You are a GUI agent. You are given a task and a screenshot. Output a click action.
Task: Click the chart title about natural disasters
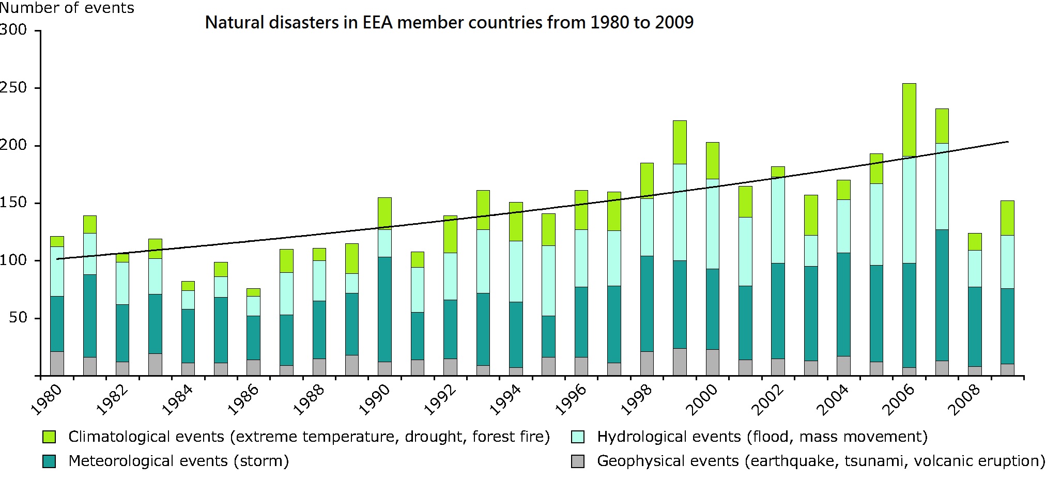tap(449, 23)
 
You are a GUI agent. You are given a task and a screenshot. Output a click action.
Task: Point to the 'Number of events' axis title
tap(67, 8)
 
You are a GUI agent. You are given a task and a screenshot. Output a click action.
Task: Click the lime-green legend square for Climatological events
tap(49, 437)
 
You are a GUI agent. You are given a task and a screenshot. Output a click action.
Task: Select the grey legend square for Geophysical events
tap(577, 461)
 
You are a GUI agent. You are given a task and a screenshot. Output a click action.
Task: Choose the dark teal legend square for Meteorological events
tap(49, 461)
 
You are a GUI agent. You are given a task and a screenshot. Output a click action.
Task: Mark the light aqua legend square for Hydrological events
tap(577, 437)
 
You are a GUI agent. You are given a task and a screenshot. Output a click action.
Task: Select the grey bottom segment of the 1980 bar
tap(57, 363)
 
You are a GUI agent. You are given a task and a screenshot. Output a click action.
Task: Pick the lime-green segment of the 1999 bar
tap(680, 142)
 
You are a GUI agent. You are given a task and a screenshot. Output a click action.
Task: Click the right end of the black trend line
tap(1008, 142)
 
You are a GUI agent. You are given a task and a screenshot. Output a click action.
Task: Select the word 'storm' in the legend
tap(261, 461)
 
